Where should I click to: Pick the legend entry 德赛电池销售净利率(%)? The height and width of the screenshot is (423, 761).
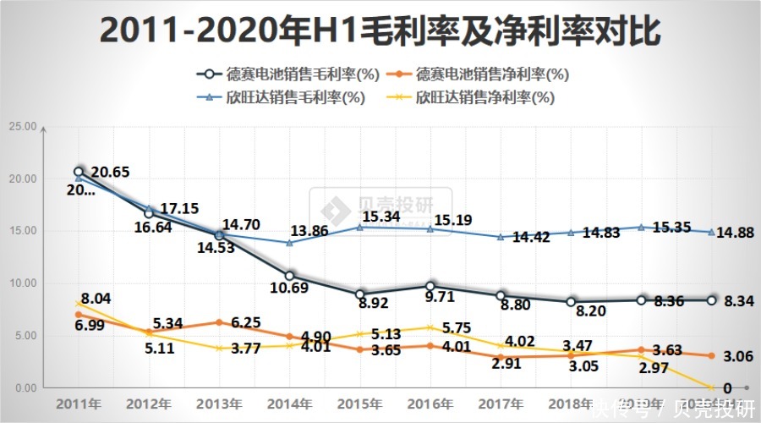(482, 74)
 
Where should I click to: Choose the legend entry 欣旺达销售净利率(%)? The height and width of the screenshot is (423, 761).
(474, 97)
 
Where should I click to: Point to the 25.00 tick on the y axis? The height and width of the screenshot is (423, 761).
(23, 127)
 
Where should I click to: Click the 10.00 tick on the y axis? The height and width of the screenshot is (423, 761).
(23, 283)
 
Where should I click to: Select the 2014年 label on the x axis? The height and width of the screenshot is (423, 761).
(289, 403)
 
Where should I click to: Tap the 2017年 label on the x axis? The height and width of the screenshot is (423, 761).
(501, 403)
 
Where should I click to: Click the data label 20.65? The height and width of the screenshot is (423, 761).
(110, 173)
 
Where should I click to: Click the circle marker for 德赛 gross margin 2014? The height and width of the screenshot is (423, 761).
(289, 276)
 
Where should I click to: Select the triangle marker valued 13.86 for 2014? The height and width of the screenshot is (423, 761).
(289, 243)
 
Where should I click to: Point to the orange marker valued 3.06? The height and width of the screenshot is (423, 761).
(712, 356)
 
